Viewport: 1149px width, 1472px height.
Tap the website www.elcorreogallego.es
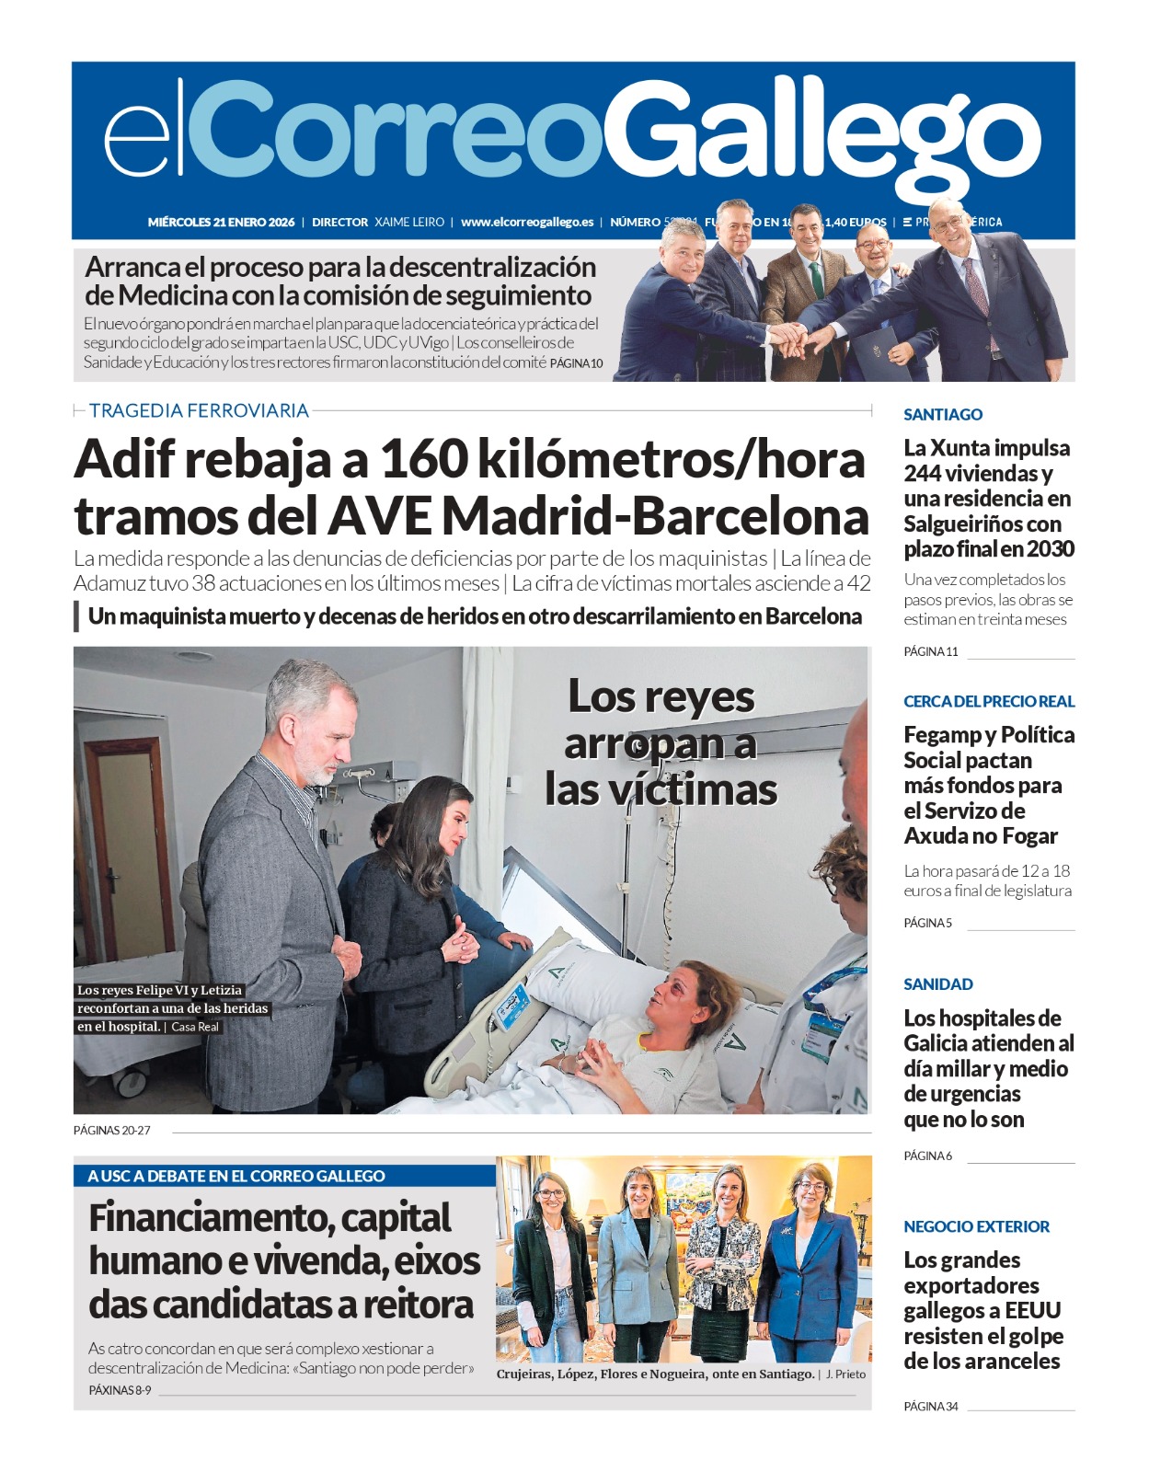tap(527, 222)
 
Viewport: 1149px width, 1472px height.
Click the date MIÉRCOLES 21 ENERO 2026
tap(221, 222)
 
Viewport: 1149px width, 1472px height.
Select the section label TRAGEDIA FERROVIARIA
tap(199, 410)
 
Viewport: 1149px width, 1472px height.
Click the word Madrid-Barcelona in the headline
tap(656, 516)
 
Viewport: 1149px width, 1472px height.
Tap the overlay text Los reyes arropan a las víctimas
tap(661, 742)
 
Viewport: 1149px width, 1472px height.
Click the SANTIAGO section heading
tap(943, 414)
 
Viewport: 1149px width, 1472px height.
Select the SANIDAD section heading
tap(937, 983)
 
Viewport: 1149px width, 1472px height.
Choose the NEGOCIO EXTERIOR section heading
tap(976, 1226)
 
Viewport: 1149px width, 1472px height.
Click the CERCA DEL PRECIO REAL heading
tap(989, 701)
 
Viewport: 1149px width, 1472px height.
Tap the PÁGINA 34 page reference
tap(930, 1406)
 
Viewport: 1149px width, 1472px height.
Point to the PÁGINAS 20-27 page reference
tap(111, 1130)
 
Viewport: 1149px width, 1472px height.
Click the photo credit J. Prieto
tap(845, 1374)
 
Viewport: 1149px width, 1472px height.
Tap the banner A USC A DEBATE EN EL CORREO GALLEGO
tap(236, 1176)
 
